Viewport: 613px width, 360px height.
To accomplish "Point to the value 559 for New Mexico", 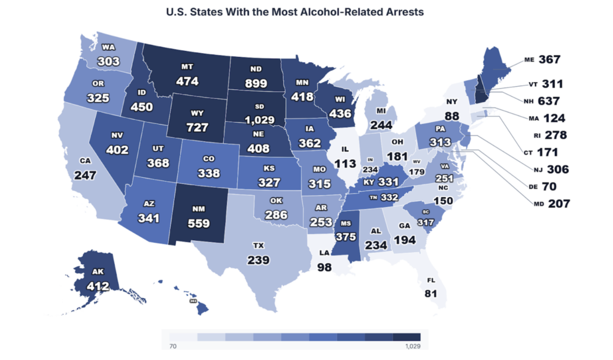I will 199,223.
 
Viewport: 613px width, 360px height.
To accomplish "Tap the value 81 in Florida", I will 430,294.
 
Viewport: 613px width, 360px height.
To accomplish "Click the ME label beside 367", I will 529,59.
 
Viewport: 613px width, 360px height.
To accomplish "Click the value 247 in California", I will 86,176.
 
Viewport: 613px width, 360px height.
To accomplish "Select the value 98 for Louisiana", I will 324,267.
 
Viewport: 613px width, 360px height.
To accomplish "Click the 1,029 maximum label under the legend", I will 412,346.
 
